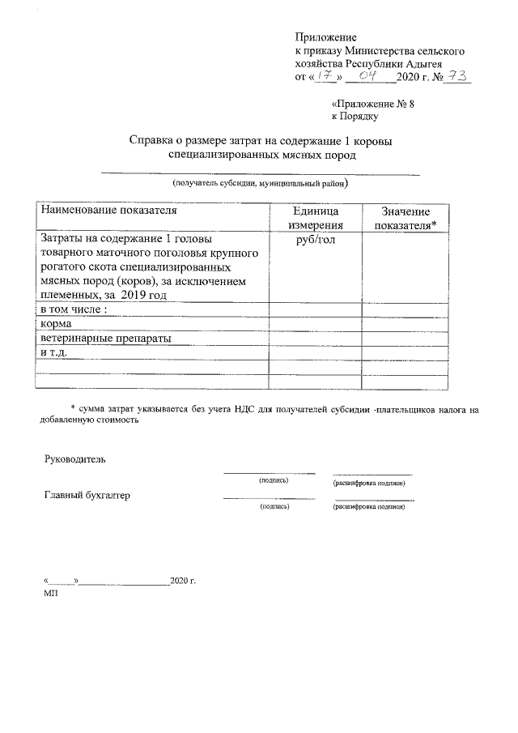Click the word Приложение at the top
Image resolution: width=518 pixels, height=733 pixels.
[325, 37]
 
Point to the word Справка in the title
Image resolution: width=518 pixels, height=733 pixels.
[155, 140]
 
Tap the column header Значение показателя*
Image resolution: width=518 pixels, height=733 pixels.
[404, 218]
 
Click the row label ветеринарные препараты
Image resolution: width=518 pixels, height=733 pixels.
[105, 338]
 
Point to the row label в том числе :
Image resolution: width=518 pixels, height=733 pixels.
[74, 309]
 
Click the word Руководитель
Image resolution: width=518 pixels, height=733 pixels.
[74, 459]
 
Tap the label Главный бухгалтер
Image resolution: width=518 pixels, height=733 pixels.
[87, 495]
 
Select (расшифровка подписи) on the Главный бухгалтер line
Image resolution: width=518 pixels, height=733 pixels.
[368, 506]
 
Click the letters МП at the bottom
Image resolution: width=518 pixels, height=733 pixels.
[50, 593]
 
